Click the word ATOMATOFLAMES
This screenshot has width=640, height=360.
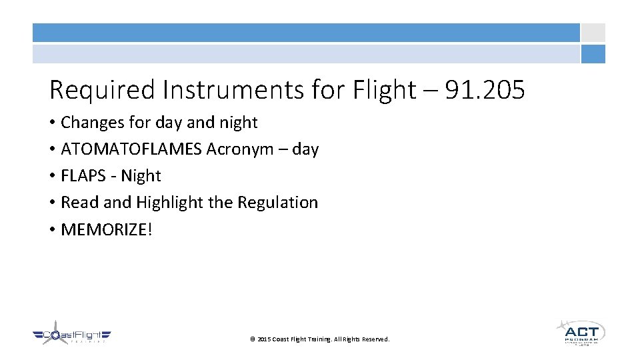[x=131, y=149]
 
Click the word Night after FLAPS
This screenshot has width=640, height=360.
[x=141, y=176]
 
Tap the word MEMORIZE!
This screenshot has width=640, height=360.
[x=107, y=229]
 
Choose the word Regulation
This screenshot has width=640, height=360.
[x=277, y=203]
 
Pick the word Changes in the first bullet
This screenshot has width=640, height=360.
[x=87, y=123]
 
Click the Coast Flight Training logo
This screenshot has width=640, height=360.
[x=71, y=335]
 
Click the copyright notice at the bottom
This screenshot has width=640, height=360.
[x=319, y=339]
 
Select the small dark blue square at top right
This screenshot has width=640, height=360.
[x=593, y=54]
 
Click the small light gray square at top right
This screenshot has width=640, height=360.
[x=593, y=33]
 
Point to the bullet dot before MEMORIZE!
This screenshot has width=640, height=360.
[x=52, y=230]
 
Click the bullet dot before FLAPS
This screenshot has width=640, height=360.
[x=52, y=177]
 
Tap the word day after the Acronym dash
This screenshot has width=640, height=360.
[x=305, y=149]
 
